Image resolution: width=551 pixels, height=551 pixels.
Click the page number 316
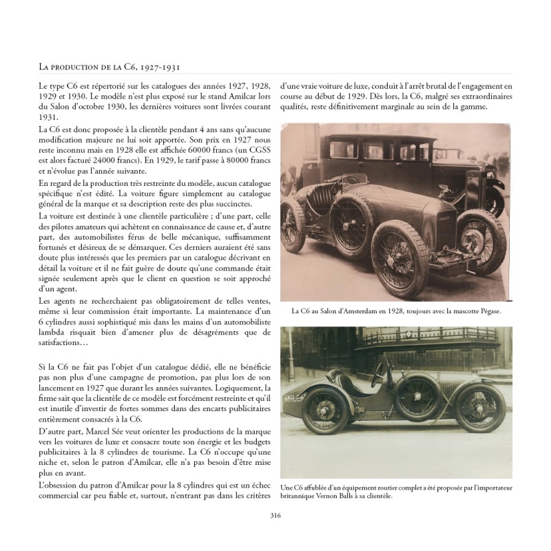coord(275,514)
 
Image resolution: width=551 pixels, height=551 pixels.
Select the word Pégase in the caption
coord(486,311)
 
